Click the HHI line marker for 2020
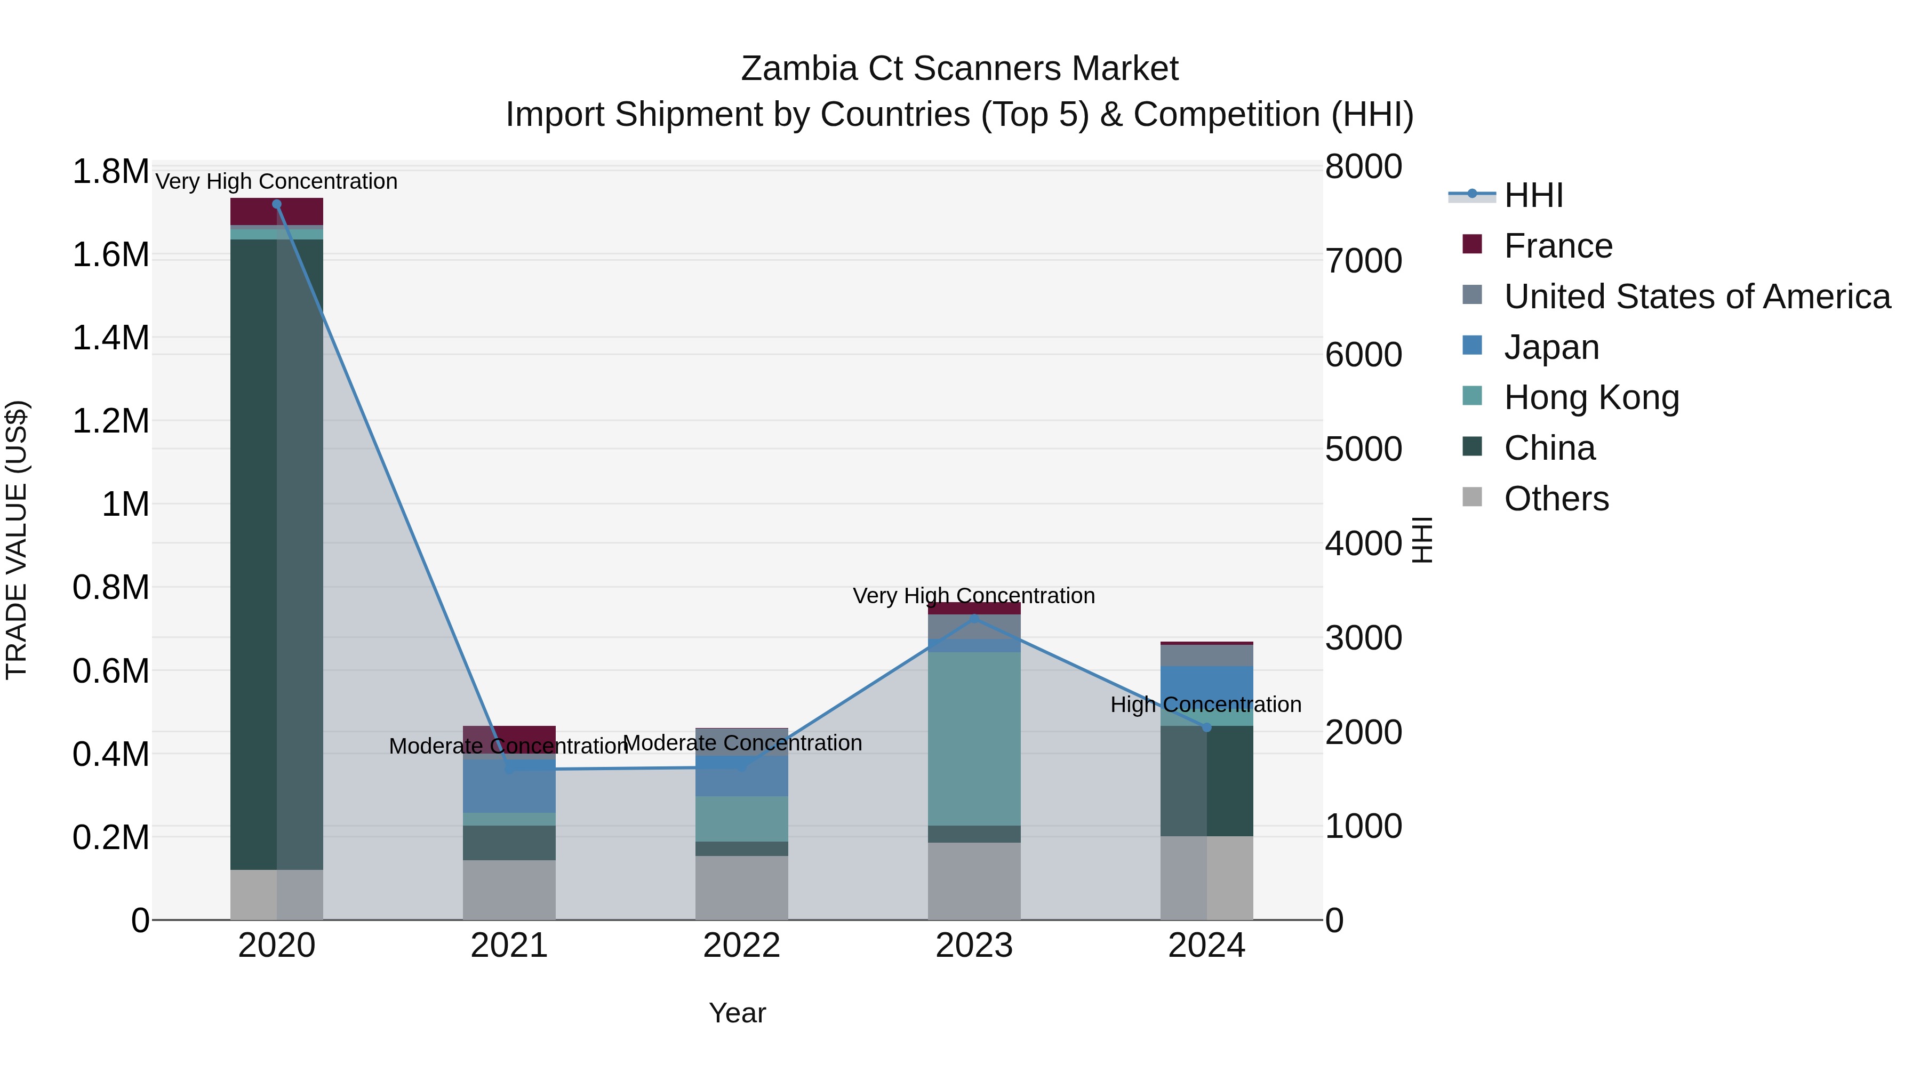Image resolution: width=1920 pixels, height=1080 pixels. point(276,204)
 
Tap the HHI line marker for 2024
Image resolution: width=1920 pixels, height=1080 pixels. point(1207,727)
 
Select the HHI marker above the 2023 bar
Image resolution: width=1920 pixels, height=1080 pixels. point(974,619)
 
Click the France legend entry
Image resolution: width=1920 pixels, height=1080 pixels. point(1558,246)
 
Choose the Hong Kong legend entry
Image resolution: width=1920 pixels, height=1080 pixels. point(1591,397)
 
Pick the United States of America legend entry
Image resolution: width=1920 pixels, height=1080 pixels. point(1697,297)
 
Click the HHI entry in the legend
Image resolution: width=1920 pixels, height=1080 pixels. point(1533,195)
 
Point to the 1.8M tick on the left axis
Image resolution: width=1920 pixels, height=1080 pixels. point(110,172)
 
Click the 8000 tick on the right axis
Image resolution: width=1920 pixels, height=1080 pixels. point(1363,167)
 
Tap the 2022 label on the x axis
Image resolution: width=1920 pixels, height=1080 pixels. point(742,946)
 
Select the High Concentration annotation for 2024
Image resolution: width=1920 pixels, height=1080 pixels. point(1205,705)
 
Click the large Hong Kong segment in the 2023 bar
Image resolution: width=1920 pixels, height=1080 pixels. point(974,738)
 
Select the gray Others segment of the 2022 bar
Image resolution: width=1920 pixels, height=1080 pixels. point(742,887)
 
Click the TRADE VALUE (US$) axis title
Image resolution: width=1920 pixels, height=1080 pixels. point(17,540)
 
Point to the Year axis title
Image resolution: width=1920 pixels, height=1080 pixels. point(737,1013)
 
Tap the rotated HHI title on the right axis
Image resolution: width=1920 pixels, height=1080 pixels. point(1422,540)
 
